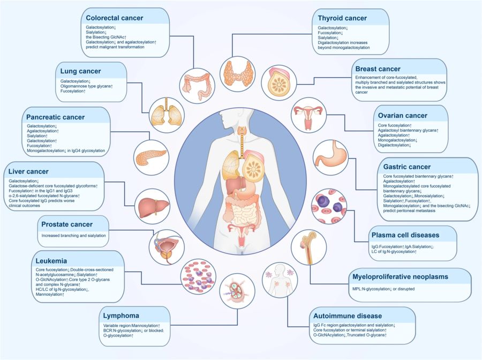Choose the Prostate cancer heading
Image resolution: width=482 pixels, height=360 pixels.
pos(74,224)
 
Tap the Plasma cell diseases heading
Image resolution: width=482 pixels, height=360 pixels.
pos(405,235)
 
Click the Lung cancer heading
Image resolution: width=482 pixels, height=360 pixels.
pos(80,71)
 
